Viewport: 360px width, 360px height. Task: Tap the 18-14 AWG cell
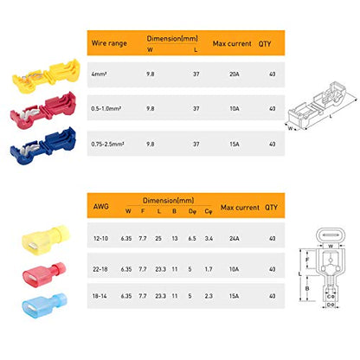(102, 296)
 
